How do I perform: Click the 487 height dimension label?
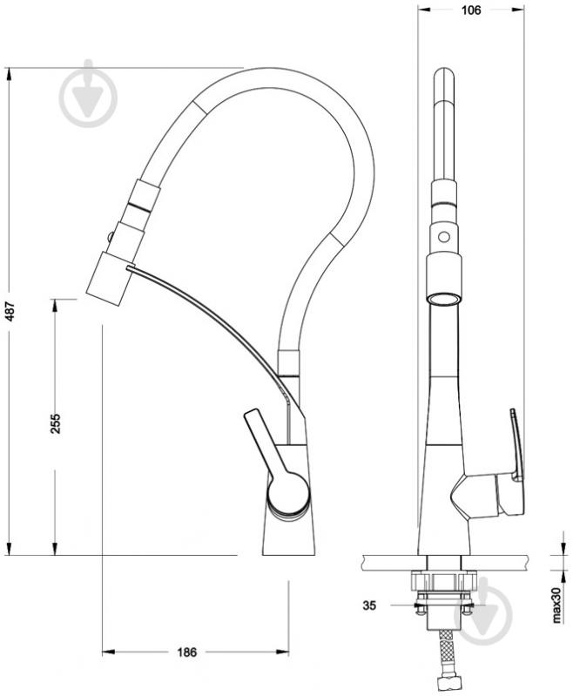coord(10,312)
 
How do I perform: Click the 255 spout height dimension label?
coord(55,423)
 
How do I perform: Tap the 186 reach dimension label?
coord(186,652)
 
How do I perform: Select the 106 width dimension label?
coord(471,10)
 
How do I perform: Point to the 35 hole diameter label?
coord(369,605)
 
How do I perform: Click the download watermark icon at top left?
coord(89,94)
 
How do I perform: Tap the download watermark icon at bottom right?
coord(482,612)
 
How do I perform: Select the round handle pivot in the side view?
coord(287,492)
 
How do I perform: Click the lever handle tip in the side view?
coord(249,415)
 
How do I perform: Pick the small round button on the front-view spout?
coord(444,236)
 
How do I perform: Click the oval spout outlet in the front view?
coord(443,299)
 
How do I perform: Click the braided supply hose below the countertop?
coord(444,656)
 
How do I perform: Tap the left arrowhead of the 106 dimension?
coord(425,10)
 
